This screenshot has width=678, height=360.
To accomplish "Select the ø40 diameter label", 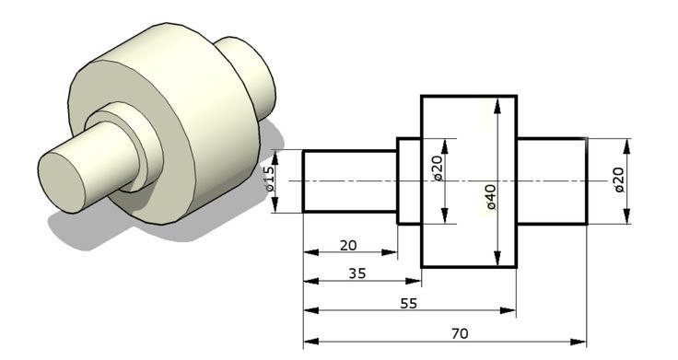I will pyautogui.click(x=492, y=196).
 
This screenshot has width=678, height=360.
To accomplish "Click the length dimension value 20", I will pyautogui.click(x=349, y=245).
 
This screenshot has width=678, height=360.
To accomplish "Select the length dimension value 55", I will pyautogui.click(x=409, y=303).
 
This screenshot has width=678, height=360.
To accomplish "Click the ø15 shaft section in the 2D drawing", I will pyautogui.click(x=349, y=181).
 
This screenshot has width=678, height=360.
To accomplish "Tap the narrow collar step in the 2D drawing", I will pyautogui.click(x=408, y=181).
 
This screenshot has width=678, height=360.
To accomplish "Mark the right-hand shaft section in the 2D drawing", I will pyautogui.click(x=551, y=181).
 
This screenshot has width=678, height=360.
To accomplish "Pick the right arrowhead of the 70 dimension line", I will pyautogui.click(x=582, y=342).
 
